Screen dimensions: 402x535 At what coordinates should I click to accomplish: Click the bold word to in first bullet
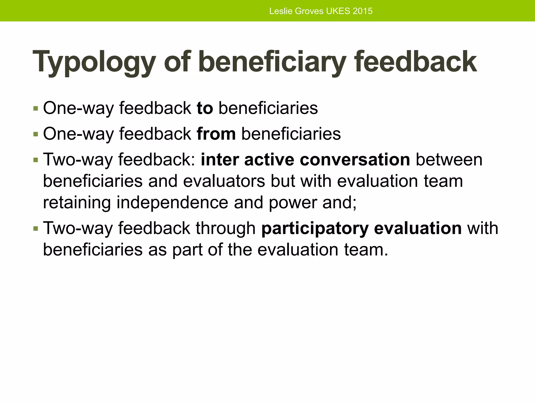[205, 108]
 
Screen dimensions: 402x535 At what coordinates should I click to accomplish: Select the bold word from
[216, 134]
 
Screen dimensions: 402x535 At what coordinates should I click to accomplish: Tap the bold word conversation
[355, 160]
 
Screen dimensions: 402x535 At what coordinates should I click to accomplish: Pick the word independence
[172, 203]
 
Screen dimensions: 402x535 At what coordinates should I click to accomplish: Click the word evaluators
[224, 181]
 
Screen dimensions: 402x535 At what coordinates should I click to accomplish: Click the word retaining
[77, 203]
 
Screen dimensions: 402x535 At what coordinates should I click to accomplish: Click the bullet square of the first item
[36, 108]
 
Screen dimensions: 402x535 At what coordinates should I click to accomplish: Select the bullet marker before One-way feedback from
[36, 134]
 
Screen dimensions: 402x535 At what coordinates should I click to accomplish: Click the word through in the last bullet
[225, 228]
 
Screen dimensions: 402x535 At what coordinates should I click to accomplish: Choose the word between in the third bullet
[449, 160]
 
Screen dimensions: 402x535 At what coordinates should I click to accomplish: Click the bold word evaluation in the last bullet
[418, 228]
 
